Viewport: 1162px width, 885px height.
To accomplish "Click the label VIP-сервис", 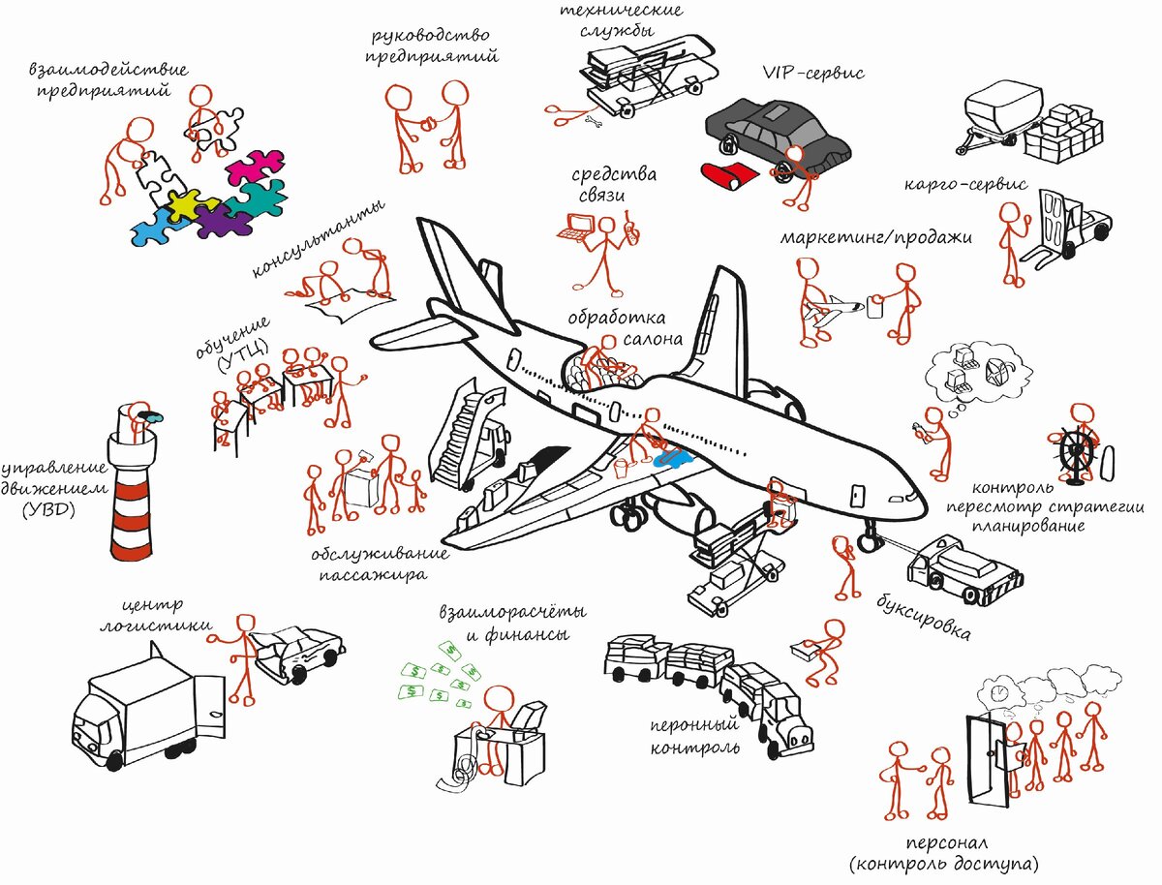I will [813, 74].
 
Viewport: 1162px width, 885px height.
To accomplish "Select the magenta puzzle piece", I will [254, 166].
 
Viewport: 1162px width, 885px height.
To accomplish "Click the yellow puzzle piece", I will [184, 204].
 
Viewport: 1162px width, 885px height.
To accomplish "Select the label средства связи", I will [613, 185].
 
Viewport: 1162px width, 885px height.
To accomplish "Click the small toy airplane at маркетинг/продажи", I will [834, 310].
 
